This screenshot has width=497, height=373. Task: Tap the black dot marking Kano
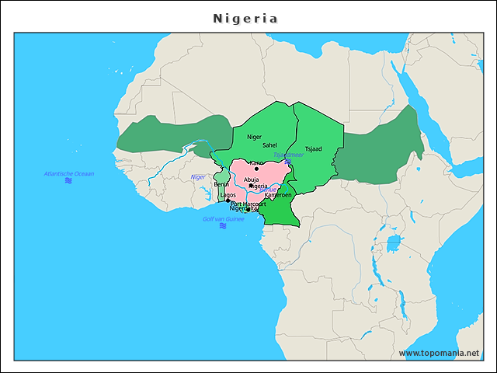coord(256,168)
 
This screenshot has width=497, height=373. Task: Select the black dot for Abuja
coord(250,186)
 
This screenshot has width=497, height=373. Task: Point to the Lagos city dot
coord(228,200)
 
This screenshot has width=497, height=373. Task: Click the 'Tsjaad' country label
coord(313,148)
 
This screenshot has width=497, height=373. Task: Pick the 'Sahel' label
coord(269,145)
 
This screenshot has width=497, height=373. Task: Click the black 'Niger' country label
coord(254,137)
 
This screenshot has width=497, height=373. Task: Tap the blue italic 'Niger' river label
coord(198,177)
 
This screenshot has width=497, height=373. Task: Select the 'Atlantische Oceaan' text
coord(68,173)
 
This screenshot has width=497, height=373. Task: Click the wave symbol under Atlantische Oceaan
coord(68,180)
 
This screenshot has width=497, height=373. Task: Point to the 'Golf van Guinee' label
coord(223,218)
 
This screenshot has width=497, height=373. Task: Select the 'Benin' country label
coord(221,184)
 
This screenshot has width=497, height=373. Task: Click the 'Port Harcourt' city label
coord(248,204)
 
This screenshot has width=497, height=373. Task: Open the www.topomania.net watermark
coord(439,353)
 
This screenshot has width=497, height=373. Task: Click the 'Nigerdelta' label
coord(243,209)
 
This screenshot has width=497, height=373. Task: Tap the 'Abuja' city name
coord(252,180)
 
